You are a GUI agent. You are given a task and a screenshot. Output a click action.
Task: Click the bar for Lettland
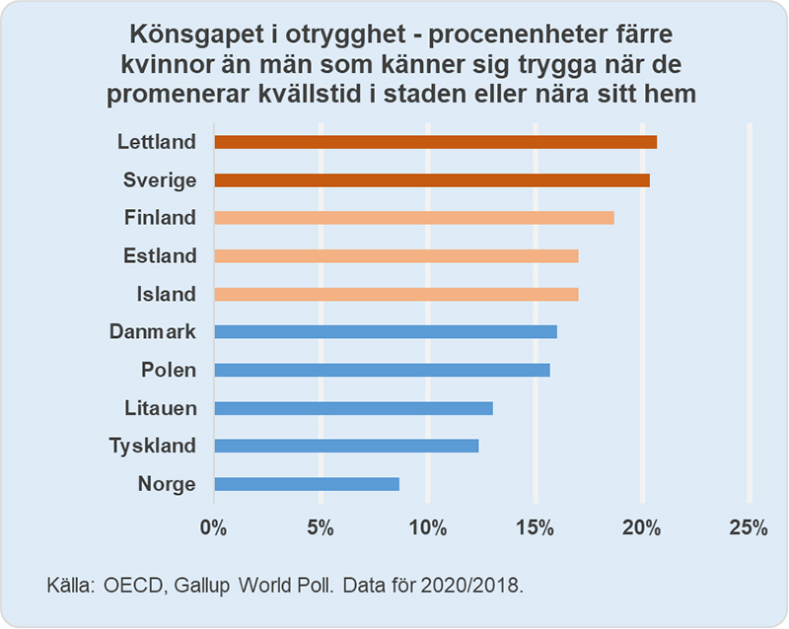[435, 142]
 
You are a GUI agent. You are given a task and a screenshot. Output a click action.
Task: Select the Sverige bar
[431, 180]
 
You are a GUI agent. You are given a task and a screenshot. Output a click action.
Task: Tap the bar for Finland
[413, 218]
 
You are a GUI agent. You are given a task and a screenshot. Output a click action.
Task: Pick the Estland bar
[395, 256]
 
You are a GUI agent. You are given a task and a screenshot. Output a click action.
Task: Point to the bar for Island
[395, 294]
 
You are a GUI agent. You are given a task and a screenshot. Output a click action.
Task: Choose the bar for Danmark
[385, 332]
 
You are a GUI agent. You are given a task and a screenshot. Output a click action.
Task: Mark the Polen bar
[381, 370]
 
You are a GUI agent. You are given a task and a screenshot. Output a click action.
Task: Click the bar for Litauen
[352, 408]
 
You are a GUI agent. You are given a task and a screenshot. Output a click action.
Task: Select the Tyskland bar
[345, 446]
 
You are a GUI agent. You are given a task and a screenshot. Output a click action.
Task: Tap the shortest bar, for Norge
[306, 484]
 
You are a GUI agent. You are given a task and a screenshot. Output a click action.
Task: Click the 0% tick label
[213, 527]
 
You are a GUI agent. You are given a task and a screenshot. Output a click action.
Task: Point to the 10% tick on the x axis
[427, 527]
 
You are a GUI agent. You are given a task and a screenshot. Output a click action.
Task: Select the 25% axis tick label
[748, 527]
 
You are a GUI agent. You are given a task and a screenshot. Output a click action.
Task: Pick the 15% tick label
[534, 527]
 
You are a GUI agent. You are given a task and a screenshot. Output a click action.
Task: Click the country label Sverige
[160, 180]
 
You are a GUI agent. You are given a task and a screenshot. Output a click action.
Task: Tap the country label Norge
[167, 484]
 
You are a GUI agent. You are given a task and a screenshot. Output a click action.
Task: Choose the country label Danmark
[153, 332]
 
